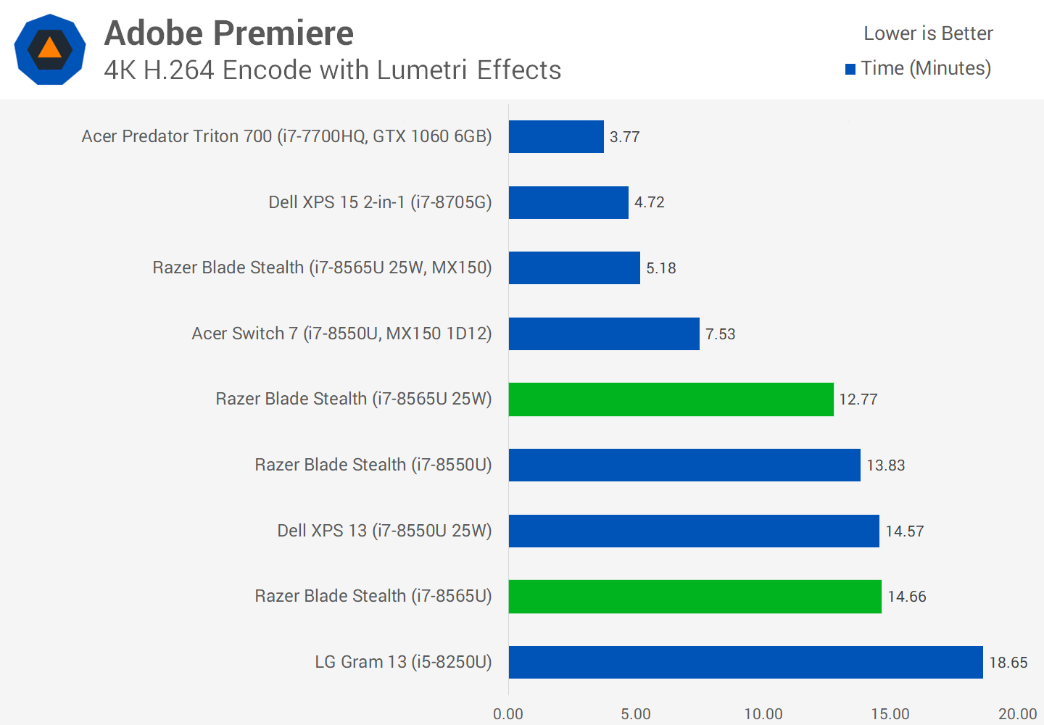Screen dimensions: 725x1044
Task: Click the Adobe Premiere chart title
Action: pyautogui.click(x=228, y=33)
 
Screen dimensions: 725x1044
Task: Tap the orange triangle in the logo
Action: pyautogui.click(x=49, y=49)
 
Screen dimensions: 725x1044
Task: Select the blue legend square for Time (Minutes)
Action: pyautogui.click(x=850, y=70)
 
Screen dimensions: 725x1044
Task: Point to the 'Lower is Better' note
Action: pyautogui.click(x=928, y=33)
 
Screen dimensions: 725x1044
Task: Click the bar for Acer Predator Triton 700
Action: pyautogui.click(x=556, y=136)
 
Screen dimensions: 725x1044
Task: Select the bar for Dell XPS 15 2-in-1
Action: pyautogui.click(x=568, y=202)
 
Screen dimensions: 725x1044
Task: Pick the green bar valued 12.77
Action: pyautogui.click(x=671, y=399)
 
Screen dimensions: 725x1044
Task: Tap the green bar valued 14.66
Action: pyautogui.click(x=695, y=597)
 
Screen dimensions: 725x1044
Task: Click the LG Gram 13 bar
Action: pyautogui.click(x=745, y=662)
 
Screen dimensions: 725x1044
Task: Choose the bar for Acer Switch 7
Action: pyautogui.click(x=604, y=333)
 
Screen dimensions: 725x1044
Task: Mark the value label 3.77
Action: pyautogui.click(x=624, y=137)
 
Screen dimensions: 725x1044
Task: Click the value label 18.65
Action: pyautogui.click(x=1008, y=663)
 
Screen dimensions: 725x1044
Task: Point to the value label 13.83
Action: pyautogui.click(x=885, y=465)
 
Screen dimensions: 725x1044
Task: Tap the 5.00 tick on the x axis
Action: pyautogui.click(x=636, y=714)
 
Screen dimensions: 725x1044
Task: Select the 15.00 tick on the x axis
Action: pyautogui.click(x=890, y=714)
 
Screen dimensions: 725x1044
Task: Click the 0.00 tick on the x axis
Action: pyautogui.click(x=508, y=714)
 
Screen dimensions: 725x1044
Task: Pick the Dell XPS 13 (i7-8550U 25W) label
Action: pyautogui.click(x=384, y=531)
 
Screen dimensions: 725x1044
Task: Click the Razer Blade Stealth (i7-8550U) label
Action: pyautogui.click(x=373, y=465)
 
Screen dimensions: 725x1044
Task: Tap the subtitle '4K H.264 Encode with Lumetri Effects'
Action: pyautogui.click(x=332, y=70)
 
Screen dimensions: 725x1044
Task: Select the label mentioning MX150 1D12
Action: pyautogui.click(x=341, y=333)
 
